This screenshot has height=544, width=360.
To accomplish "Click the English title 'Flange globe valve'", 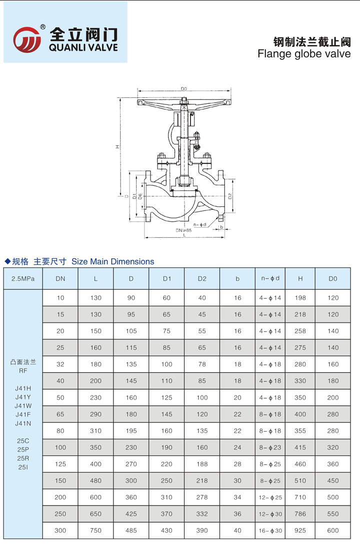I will click(x=304, y=53).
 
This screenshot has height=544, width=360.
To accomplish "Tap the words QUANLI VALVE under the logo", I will click(x=83, y=48).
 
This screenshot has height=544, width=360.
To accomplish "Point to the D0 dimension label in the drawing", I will click(x=184, y=88).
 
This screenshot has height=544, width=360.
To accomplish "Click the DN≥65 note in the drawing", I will click(x=184, y=230).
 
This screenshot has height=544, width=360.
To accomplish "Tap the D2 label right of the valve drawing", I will click(x=229, y=196).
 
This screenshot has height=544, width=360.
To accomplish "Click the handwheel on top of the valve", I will click(x=184, y=103).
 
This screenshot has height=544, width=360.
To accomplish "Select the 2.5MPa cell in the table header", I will click(x=23, y=279).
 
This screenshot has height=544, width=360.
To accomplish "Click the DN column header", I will click(x=60, y=279).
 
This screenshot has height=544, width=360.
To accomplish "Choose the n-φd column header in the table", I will click(x=270, y=278).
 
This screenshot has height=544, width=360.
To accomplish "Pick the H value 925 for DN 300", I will click(x=300, y=530).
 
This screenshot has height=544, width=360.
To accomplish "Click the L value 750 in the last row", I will click(x=95, y=530).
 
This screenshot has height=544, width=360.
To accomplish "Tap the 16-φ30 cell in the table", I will click(x=270, y=530).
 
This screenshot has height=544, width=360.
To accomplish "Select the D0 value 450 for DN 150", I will click(x=332, y=481).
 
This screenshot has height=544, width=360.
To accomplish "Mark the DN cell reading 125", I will click(x=60, y=464).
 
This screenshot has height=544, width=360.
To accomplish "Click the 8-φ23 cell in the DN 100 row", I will click(x=270, y=448).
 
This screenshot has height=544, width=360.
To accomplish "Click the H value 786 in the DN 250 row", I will click(x=300, y=514).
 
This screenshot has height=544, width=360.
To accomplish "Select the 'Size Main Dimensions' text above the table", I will click(x=113, y=261).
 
